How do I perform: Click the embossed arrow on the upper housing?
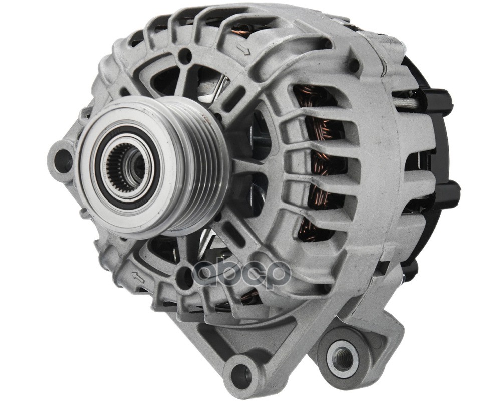244,50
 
